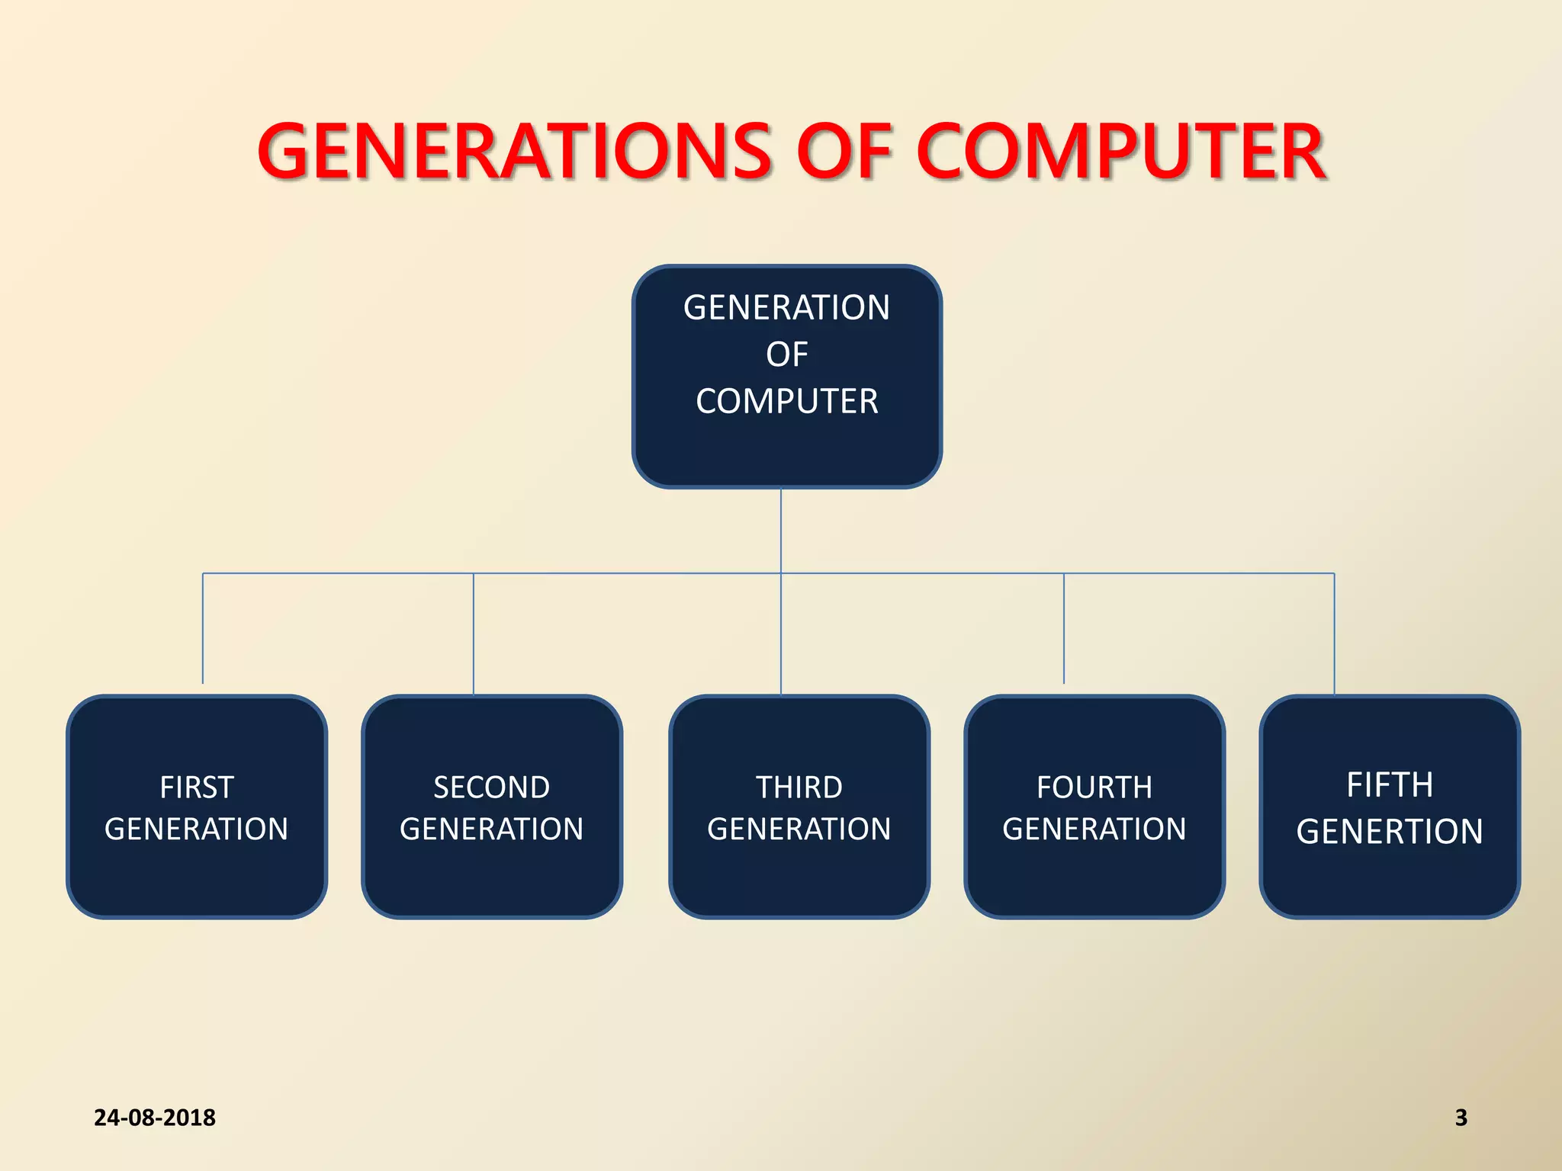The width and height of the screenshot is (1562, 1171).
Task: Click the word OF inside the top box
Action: (x=786, y=355)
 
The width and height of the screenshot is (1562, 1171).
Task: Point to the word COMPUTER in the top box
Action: (x=786, y=401)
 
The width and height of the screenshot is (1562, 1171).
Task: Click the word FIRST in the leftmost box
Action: (x=196, y=788)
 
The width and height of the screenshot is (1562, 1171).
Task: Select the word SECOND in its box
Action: (x=491, y=788)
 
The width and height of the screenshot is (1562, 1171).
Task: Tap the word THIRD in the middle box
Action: (x=799, y=788)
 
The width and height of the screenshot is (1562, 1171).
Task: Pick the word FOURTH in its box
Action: (x=1094, y=788)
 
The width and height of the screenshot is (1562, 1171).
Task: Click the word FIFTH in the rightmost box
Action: (x=1389, y=784)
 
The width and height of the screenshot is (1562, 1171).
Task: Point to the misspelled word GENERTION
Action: (x=1389, y=832)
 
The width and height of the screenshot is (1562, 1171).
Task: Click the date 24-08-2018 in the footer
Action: (x=155, y=1118)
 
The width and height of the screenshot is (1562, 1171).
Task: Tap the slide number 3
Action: (x=1461, y=1118)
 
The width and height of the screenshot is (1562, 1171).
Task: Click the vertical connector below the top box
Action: (x=781, y=530)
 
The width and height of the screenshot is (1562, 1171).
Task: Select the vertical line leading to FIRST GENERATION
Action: (x=203, y=629)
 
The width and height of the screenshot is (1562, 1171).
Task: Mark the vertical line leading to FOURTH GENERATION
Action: (x=1064, y=629)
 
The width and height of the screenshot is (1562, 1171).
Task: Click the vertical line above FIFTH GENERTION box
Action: (x=1334, y=633)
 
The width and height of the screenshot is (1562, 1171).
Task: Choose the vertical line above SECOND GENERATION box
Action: (x=474, y=633)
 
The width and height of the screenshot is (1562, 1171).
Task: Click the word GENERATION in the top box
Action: (x=786, y=308)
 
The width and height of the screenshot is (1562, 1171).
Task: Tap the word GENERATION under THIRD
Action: (x=799, y=829)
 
